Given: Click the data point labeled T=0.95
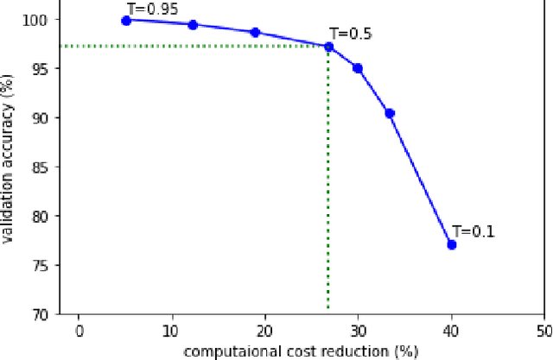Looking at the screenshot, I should (x=126, y=20).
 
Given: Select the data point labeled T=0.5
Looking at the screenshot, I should (x=328, y=47).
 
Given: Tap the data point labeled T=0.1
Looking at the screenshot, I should (x=451, y=245).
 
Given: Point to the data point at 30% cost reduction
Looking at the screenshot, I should (x=358, y=68).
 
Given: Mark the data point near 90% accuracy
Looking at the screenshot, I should (x=390, y=113).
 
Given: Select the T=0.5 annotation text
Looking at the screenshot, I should (x=352, y=34).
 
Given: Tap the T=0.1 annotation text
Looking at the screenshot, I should (x=474, y=231).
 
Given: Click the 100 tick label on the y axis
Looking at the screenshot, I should (x=41, y=19).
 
